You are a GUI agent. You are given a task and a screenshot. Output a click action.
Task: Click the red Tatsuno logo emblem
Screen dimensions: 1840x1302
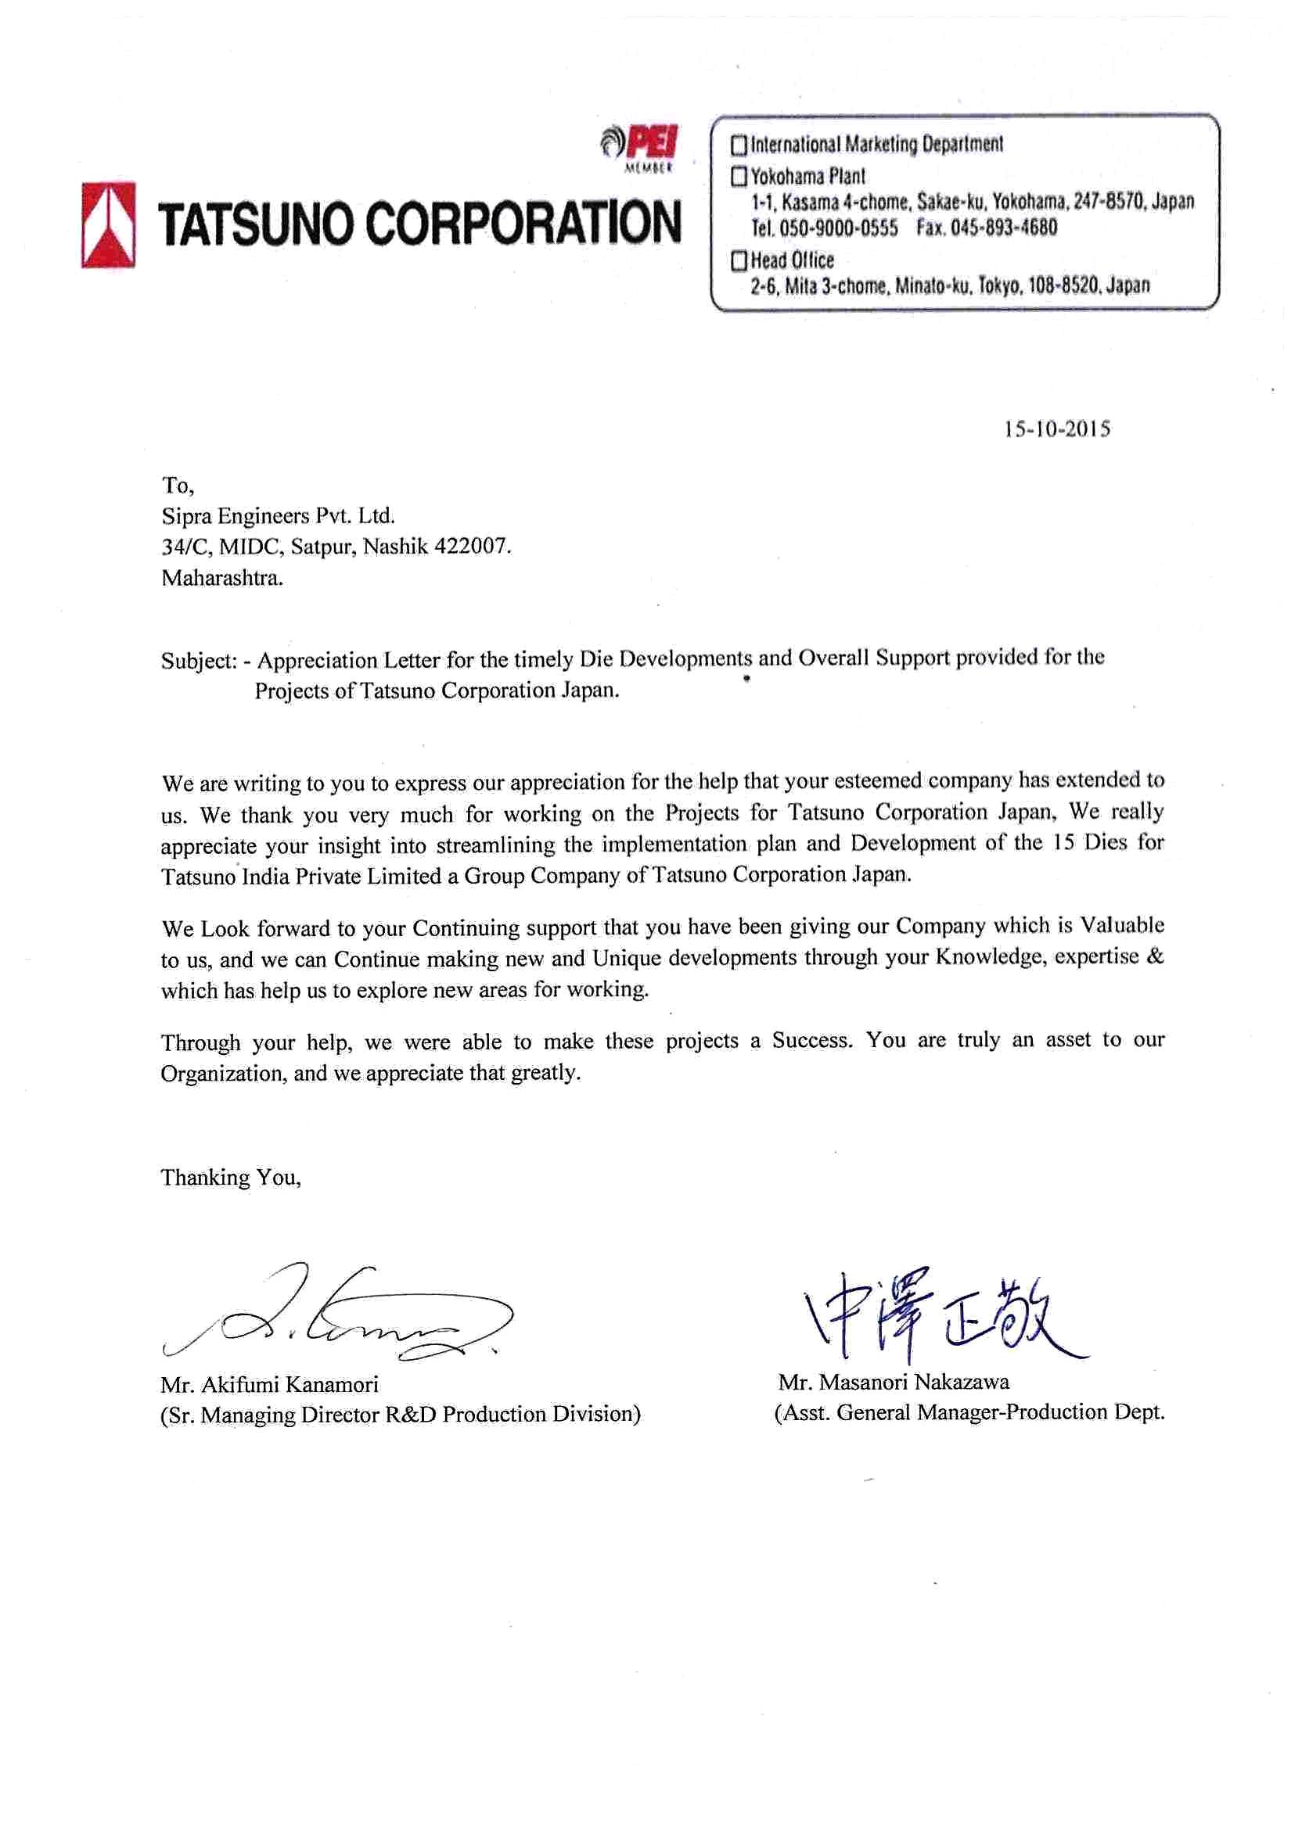coord(108,224)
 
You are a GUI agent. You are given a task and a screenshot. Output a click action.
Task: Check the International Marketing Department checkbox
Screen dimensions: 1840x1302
coord(739,145)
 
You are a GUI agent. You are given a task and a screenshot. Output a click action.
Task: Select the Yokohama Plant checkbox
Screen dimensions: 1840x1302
coord(739,176)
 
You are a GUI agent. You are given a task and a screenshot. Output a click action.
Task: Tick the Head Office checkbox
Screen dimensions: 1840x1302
coord(739,260)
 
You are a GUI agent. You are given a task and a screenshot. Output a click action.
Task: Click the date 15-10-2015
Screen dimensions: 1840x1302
coord(1056,429)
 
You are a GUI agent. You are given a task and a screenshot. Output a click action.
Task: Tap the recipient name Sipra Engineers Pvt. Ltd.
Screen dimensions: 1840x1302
coord(279,515)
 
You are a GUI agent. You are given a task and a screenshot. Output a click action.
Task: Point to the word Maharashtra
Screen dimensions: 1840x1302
coord(222,578)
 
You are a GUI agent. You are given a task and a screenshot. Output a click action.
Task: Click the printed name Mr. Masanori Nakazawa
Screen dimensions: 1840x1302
coord(893,1382)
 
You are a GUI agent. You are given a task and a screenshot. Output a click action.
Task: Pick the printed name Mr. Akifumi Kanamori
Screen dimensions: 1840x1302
coord(269,1384)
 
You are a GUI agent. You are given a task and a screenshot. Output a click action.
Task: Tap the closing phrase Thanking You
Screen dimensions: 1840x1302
coord(231,1177)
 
